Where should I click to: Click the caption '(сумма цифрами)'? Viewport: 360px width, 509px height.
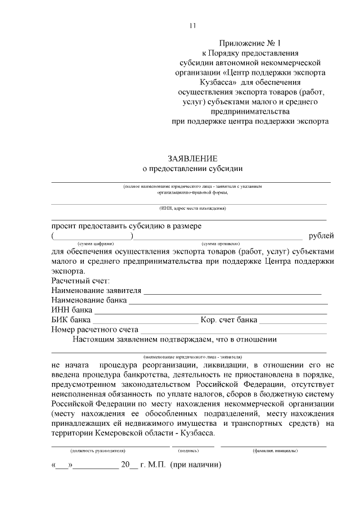[x=96, y=243]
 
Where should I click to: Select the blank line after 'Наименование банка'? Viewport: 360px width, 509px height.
[x=228, y=303]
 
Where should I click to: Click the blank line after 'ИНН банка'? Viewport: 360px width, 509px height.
[x=210, y=313]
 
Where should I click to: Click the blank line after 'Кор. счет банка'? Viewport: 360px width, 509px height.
[x=293, y=323]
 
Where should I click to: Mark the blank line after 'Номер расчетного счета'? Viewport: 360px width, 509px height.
[x=233, y=332]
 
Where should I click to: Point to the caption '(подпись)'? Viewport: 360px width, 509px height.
[x=188, y=451]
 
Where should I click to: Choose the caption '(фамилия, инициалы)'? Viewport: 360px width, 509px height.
[x=275, y=451]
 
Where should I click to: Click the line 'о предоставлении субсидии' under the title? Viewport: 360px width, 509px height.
[x=192, y=169]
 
